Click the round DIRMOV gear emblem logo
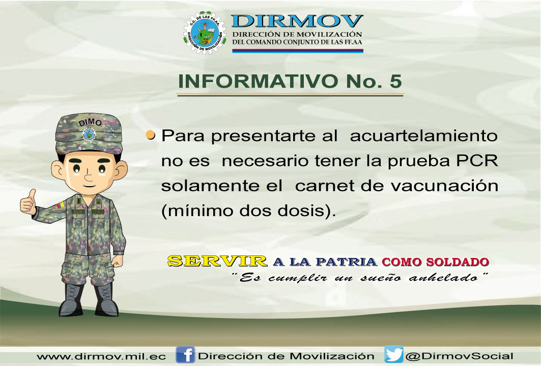click(x=205, y=33)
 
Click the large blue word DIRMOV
click(x=297, y=21)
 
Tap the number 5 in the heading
click(x=396, y=81)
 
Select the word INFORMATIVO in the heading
click(x=258, y=81)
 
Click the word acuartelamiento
click(x=424, y=136)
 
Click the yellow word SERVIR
click(x=217, y=261)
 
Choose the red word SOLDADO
click(x=458, y=262)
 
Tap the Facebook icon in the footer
click(x=185, y=355)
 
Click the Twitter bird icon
click(x=394, y=354)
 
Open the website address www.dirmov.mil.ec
click(x=101, y=356)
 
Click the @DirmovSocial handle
click(x=459, y=356)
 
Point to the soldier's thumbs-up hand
click(x=29, y=202)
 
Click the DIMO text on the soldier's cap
click(x=90, y=122)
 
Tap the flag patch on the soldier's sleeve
click(x=61, y=205)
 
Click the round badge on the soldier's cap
click(x=89, y=134)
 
